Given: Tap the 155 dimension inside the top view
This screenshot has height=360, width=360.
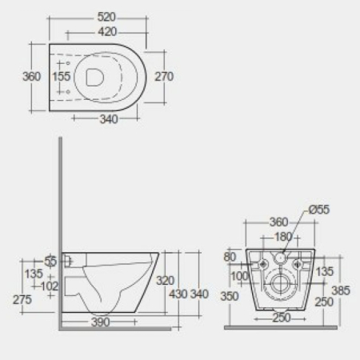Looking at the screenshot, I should pyautogui.click(x=62, y=77).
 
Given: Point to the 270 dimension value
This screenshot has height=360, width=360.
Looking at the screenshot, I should pyautogui.click(x=164, y=77).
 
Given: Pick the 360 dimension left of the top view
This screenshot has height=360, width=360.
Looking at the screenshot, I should pyautogui.click(x=30, y=77).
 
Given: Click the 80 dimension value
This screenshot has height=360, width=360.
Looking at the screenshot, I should pyautogui.click(x=232, y=258).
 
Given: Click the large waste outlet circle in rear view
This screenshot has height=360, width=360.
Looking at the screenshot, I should pyautogui.click(x=280, y=285).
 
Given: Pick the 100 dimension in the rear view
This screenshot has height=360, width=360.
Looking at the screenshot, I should pyautogui.click(x=241, y=277).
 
